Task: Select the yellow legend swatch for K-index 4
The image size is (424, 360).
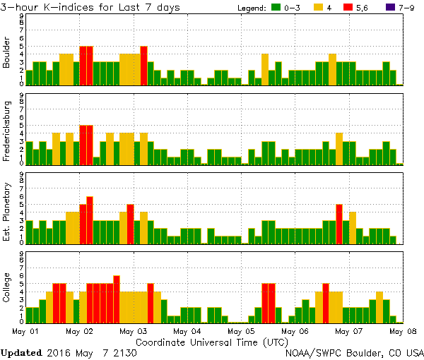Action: pos(318,8)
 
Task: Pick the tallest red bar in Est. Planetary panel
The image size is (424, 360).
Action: pos(90,220)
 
